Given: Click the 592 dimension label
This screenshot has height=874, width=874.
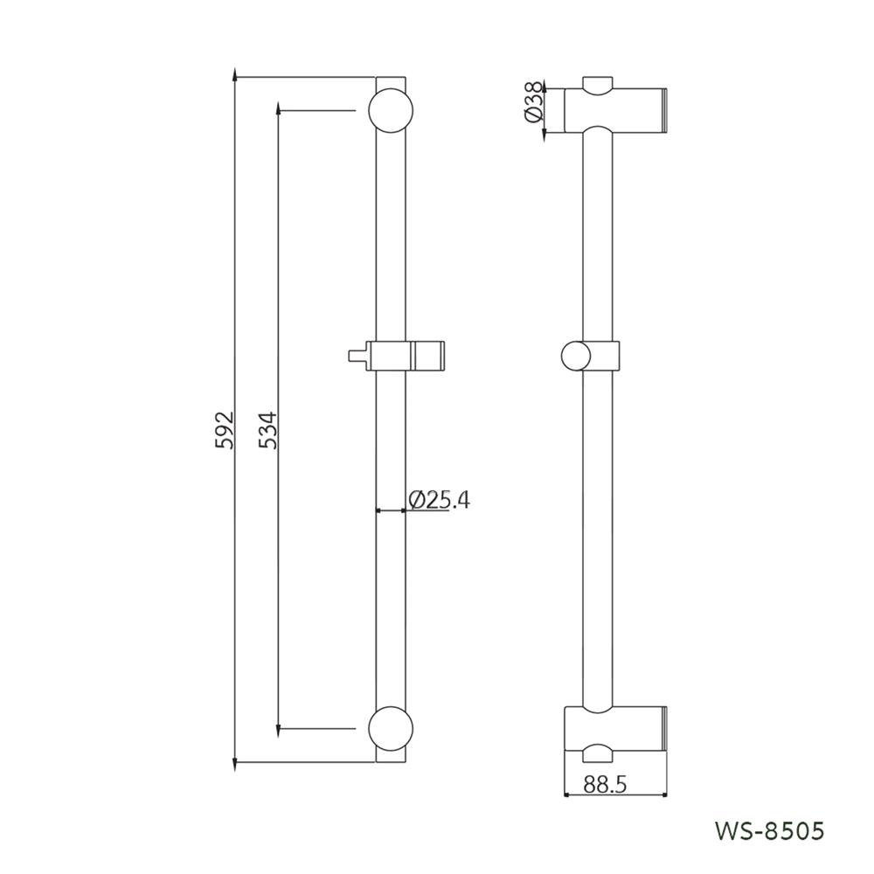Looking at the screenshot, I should point(225,429).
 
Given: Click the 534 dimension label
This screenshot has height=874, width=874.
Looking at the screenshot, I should point(268,429).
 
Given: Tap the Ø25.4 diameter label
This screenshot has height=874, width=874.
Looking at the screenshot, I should point(440,499).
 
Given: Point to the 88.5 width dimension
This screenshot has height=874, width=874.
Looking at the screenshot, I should point(605,784).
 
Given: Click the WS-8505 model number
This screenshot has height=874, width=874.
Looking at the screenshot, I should point(768,830).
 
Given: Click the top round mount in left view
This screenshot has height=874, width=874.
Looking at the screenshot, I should point(390,110).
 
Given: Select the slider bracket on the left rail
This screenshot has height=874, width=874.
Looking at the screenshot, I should point(406,356).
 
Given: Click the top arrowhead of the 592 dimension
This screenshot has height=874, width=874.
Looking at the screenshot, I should point(236,80).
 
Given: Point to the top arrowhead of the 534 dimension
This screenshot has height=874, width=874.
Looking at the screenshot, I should point(278,114).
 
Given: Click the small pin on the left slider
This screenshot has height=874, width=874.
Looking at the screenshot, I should point(355,356).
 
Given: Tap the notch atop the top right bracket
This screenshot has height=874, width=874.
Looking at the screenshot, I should point(599,85).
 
